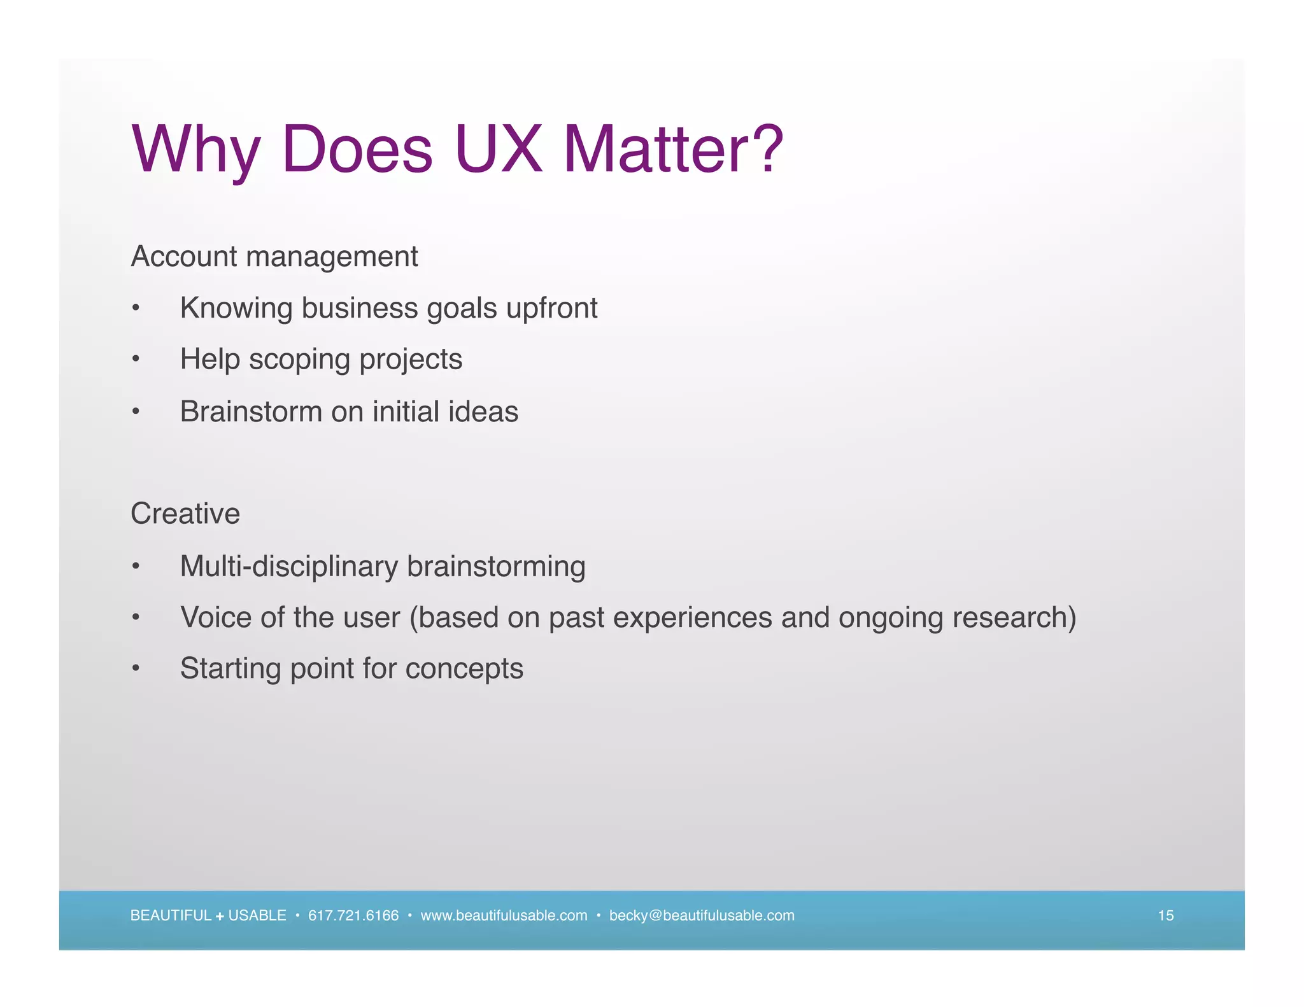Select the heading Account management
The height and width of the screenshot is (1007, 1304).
(x=274, y=257)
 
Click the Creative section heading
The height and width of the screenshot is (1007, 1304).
(x=185, y=514)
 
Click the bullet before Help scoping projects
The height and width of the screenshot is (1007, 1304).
(x=135, y=360)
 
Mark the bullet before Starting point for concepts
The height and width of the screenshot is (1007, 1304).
(x=135, y=669)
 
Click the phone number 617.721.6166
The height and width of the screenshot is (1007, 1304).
(x=353, y=915)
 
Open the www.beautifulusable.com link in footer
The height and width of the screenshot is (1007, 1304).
(x=504, y=915)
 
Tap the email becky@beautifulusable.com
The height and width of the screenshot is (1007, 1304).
(x=702, y=915)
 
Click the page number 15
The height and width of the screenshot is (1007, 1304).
(x=1165, y=915)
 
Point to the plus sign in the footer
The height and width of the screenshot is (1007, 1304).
(x=220, y=917)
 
